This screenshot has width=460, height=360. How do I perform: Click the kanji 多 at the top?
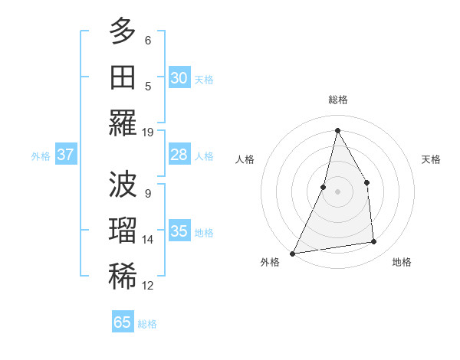123,31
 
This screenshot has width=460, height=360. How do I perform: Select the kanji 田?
123,77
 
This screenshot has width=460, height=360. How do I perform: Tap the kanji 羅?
123,123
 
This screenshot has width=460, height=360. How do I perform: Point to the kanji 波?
123,185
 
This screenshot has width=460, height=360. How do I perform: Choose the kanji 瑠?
123,231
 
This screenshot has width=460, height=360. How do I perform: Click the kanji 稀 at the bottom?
123,277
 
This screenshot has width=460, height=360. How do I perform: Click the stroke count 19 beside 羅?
148,132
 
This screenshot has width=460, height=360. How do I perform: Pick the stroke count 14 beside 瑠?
148,240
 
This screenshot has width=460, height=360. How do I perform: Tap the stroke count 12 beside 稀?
148,286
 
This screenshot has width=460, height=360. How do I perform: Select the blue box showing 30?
179,77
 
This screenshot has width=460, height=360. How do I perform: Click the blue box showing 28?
179,155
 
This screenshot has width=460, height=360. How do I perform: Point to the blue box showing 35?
179,231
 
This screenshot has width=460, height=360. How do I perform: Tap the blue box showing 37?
65,155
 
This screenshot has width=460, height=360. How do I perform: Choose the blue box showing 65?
122,322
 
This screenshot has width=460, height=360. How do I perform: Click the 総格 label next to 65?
147,324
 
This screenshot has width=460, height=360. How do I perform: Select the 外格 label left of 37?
41,156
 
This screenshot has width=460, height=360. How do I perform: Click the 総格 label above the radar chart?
337,100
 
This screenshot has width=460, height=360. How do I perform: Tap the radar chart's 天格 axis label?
432,159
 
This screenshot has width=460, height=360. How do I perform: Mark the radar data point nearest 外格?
292,253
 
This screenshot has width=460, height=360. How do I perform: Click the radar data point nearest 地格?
374,242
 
